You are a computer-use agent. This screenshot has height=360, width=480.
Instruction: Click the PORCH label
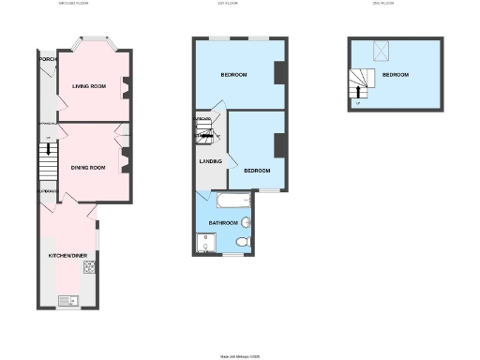47,59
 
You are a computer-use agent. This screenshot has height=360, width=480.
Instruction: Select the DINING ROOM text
88,167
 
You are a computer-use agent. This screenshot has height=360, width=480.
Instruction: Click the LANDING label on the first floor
211,160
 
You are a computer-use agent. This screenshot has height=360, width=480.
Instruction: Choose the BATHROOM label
222,222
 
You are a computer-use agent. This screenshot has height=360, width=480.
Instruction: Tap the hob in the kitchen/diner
91,266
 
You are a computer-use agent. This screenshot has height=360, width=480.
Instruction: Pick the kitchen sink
69,300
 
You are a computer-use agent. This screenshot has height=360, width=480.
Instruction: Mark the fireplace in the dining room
125,155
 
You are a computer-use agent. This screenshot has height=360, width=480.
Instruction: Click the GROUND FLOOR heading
80,4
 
